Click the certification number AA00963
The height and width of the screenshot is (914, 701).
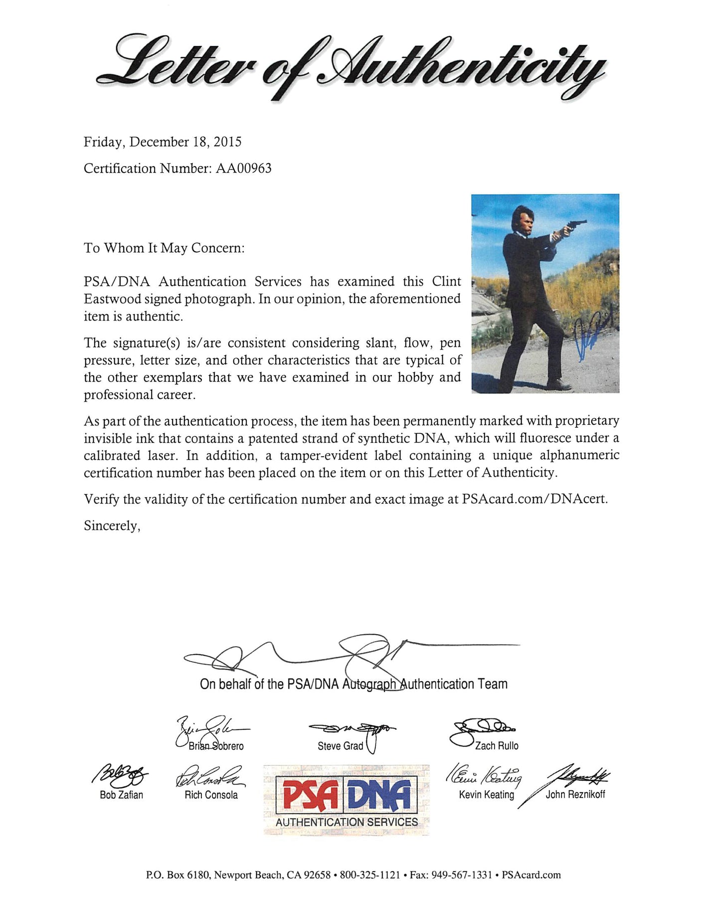click(x=243, y=169)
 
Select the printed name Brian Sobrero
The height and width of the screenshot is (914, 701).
click(x=216, y=746)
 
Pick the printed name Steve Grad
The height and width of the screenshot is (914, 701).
click(x=340, y=746)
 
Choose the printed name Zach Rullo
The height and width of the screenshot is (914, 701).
click(x=497, y=746)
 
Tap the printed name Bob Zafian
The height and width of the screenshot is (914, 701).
click(x=121, y=795)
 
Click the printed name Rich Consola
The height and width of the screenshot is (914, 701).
click(x=211, y=795)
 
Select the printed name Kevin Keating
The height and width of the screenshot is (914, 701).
click(x=486, y=795)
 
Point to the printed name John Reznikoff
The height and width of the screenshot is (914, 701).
click(x=575, y=795)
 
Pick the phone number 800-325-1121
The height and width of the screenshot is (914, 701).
click(x=369, y=875)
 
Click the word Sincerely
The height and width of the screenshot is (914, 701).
click(x=112, y=526)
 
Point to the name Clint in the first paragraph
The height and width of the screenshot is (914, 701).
click(x=446, y=281)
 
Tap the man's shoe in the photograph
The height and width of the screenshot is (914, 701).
click(x=558, y=384)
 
